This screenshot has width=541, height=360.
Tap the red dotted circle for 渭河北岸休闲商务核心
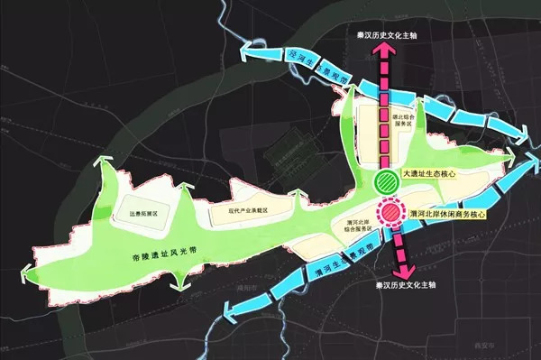tap(392, 214)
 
